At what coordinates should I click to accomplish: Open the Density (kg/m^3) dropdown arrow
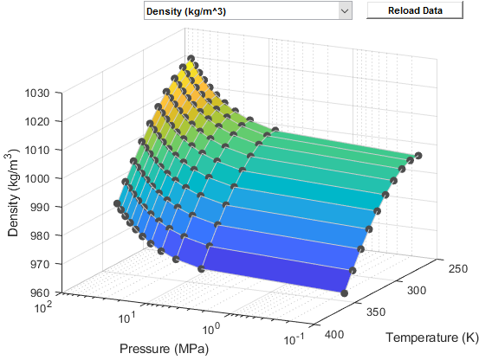click(x=345, y=11)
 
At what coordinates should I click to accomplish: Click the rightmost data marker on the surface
click(x=418, y=156)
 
